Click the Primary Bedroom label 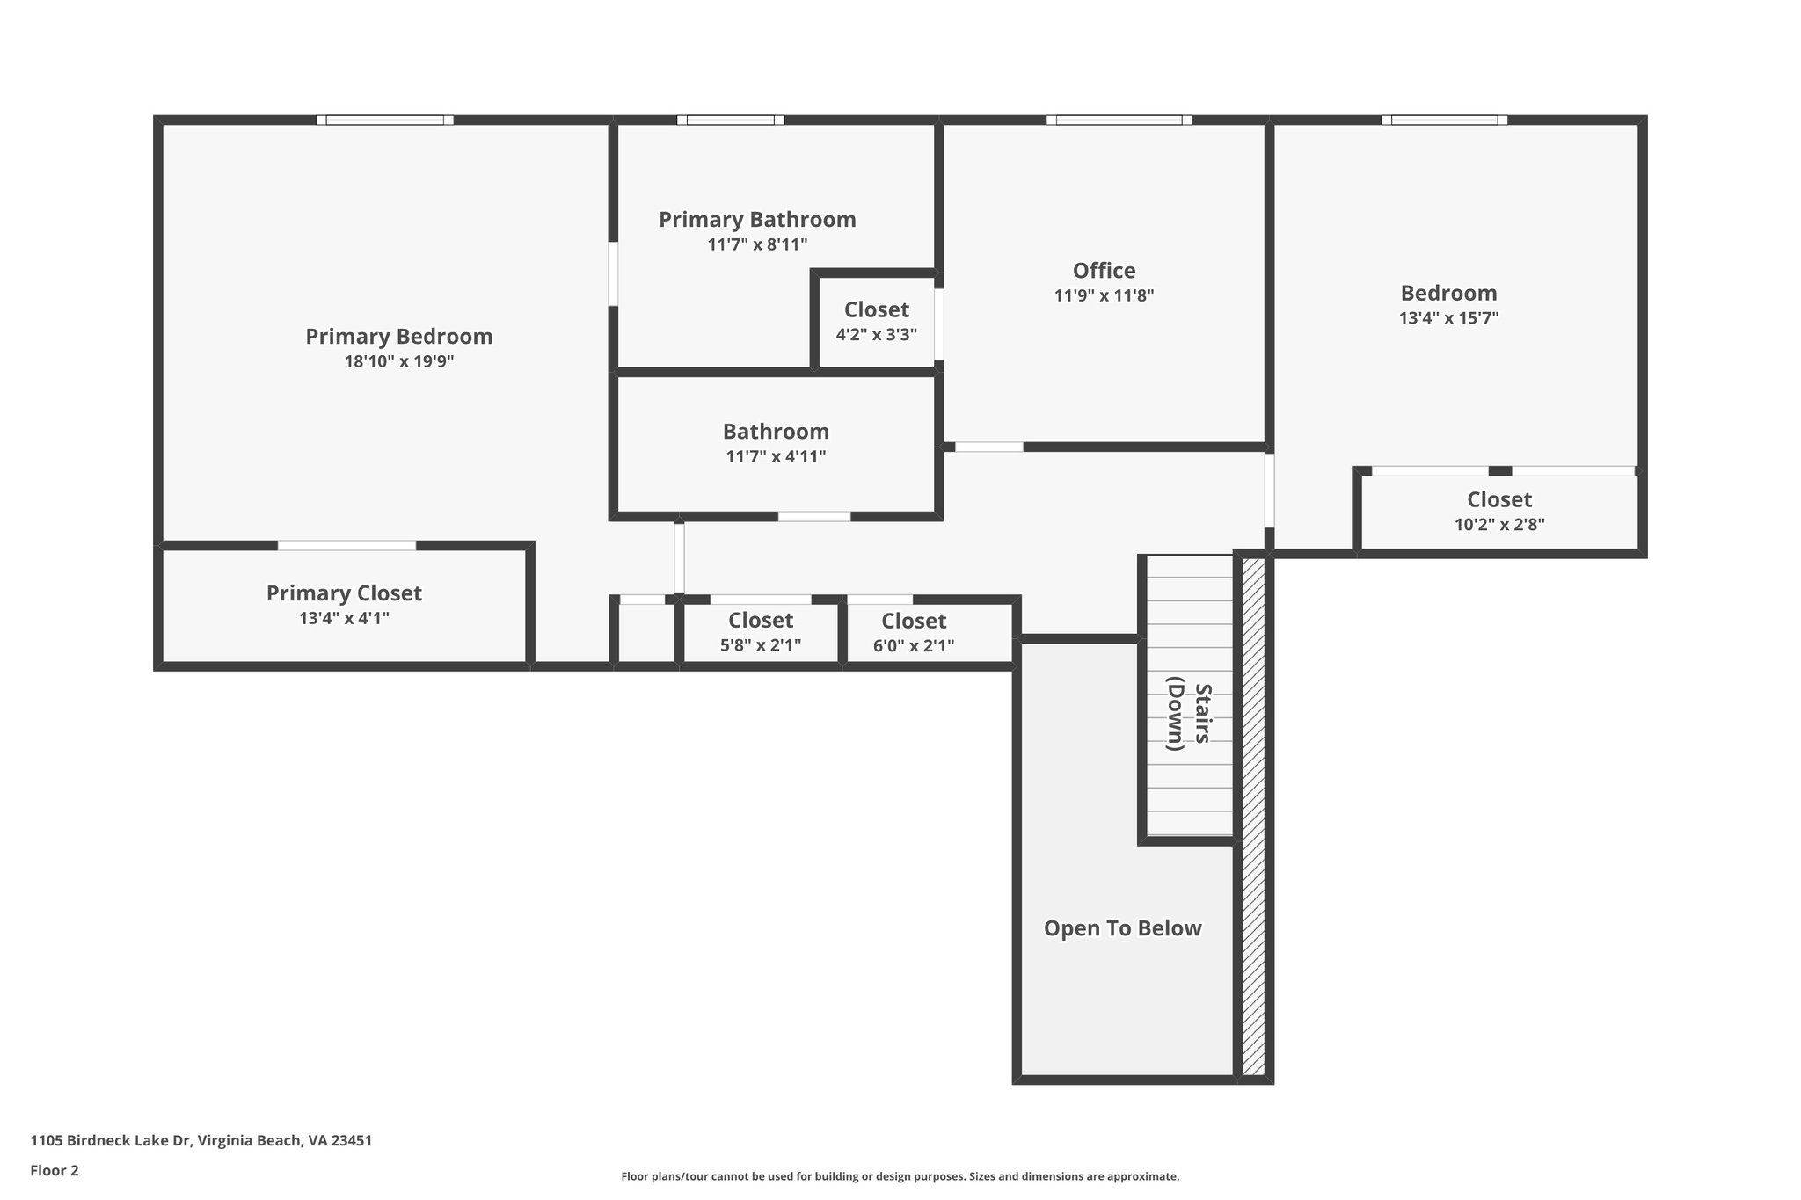pos(398,337)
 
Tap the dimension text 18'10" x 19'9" pos(398,361)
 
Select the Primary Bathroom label pos(757,220)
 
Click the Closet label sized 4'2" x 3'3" pos(876,310)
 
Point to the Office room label pos(1104,271)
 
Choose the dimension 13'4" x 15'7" pos(1448,318)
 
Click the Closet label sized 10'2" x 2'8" pos(1498,500)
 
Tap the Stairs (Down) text pos(1189,714)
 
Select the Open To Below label pos(1122,928)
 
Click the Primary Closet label pos(344,593)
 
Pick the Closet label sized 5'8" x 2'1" pos(760,622)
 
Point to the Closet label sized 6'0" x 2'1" pos(914,622)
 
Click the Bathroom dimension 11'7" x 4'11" pos(776,457)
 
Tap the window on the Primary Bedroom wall pos(385,120)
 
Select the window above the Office pos(1119,120)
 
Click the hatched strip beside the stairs pos(1253,818)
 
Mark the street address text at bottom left pos(201,1141)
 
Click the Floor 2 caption pos(55,1171)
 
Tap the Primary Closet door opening pos(346,546)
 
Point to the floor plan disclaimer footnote pos(900,1176)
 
